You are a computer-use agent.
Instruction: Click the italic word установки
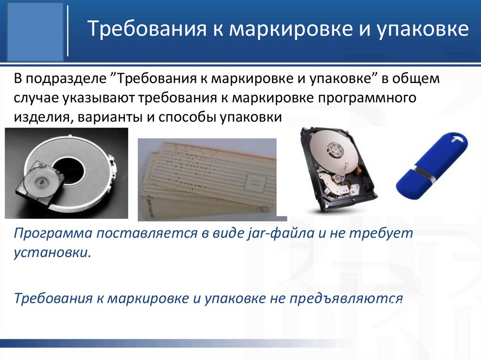click(x=52, y=254)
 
